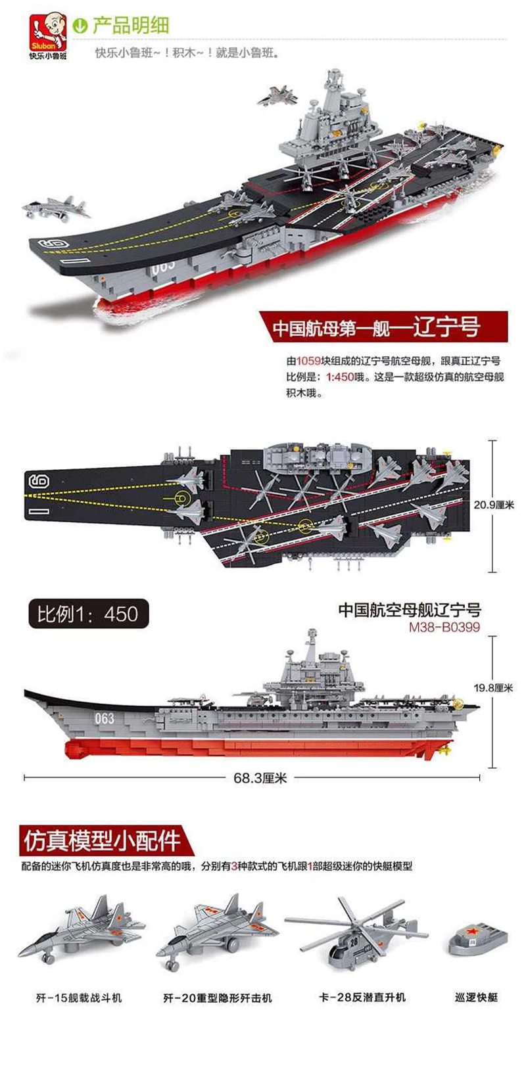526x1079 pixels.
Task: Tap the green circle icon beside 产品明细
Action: tap(80, 26)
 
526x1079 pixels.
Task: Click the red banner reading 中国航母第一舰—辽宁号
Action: tap(383, 327)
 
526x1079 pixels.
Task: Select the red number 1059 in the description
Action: tap(308, 361)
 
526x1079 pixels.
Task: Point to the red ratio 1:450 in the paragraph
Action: tap(341, 377)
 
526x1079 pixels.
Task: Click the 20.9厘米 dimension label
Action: tap(494, 505)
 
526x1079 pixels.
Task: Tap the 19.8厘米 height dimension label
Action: tap(493, 688)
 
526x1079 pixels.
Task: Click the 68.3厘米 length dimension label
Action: tap(260, 778)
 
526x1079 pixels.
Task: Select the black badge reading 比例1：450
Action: tap(87, 614)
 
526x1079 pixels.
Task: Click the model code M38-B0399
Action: tap(444, 627)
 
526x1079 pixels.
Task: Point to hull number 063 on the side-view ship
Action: tap(105, 719)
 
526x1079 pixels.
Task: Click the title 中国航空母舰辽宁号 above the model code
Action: tap(410, 610)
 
